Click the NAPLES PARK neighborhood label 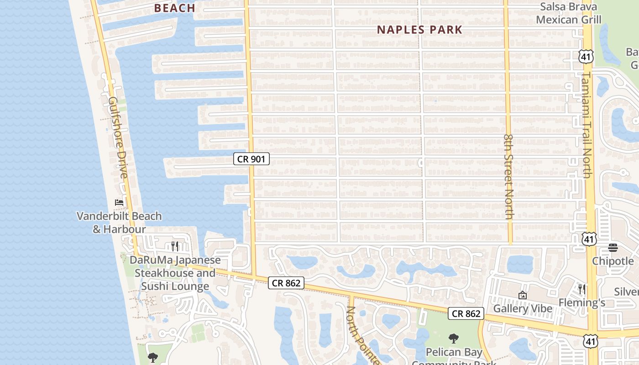click(x=419, y=30)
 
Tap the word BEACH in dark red click(x=174, y=8)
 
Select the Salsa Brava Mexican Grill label click(x=568, y=13)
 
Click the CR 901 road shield click(x=251, y=159)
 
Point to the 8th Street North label click(x=509, y=176)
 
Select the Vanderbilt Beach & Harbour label click(x=119, y=222)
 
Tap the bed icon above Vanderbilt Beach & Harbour click(x=119, y=202)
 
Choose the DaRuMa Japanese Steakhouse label click(x=175, y=273)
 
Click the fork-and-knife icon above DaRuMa click(x=175, y=246)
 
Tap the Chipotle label click(x=613, y=261)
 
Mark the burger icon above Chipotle click(x=613, y=248)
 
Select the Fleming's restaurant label click(x=582, y=302)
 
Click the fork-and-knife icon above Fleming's click(x=581, y=289)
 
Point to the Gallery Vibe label click(x=523, y=309)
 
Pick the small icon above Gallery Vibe click(x=523, y=296)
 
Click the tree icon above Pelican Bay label click(x=453, y=339)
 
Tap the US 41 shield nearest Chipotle click(x=589, y=239)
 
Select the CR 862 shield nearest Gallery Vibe click(x=466, y=313)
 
